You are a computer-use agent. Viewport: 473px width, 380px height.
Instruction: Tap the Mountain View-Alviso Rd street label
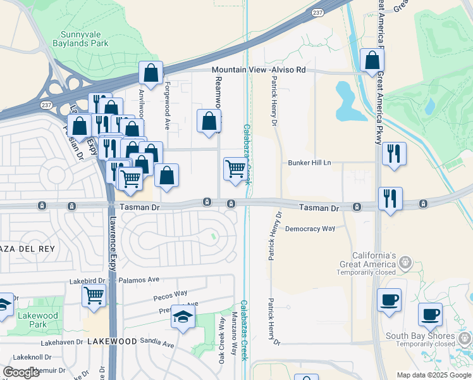(x=259, y=70)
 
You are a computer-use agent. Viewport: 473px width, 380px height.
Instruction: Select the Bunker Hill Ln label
(x=310, y=163)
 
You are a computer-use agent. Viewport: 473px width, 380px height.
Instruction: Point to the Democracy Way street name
(x=310, y=229)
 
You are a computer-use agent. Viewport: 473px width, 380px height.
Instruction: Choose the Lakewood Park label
(x=38, y=320)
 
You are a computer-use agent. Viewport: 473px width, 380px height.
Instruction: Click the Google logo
(x=21, y=372)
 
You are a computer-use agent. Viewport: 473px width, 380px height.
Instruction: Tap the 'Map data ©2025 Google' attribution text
(x=433, y=375)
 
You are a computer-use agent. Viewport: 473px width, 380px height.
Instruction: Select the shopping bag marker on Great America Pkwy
(x=372, y=60)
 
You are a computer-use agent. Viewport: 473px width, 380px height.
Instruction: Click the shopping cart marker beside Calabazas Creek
(x=235, y=169)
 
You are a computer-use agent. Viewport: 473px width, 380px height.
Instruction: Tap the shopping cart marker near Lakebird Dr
(x=94, y=295)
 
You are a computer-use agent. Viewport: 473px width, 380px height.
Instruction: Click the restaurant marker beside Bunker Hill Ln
(x=394, y=153)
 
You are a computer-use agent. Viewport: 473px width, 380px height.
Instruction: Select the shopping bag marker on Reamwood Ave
(x=209, y=120)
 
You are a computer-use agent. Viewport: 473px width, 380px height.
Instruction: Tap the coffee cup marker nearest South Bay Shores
(x=430, y=313)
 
